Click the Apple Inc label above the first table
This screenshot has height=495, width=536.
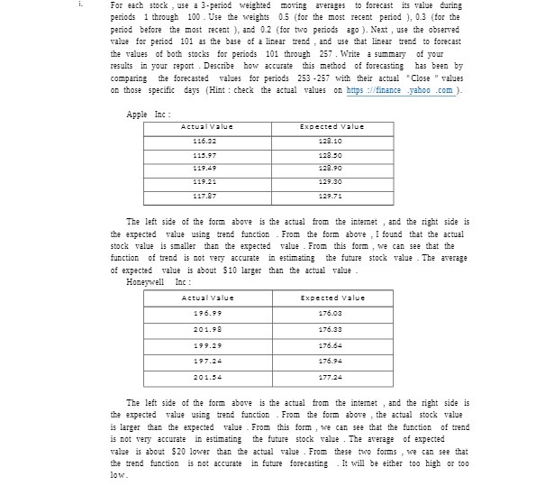tap(149, 115)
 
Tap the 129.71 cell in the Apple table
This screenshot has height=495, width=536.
tap(332, 196)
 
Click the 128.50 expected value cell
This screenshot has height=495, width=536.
tap(332, 155)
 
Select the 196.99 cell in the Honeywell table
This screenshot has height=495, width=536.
tap(207, 313)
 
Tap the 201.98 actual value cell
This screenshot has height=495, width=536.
tap(207, 329)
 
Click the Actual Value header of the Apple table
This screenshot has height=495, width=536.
tap(207, 127)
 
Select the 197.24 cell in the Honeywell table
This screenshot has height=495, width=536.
tap(207, 362)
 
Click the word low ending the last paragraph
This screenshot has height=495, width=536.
tap(119, 475)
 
